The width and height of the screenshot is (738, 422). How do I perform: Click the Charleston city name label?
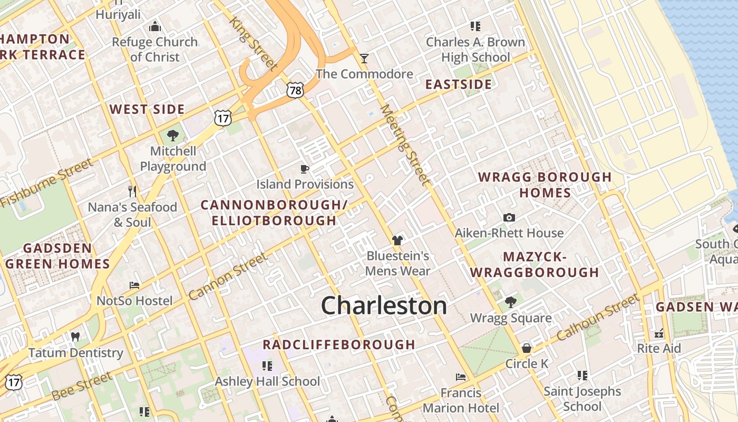[384, 306]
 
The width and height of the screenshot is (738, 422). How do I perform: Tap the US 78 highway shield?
[295, 90]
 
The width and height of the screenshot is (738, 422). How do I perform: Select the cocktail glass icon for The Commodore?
[364, 58]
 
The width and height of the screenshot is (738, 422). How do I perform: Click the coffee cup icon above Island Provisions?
[304, 169]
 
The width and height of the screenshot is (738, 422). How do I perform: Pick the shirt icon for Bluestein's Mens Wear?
[397, 241]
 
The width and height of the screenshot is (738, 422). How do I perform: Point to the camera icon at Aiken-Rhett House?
[509, 217]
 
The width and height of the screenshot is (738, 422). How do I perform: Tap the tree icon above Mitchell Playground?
[172, 136]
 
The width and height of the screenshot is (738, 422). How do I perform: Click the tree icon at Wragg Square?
[510, 302]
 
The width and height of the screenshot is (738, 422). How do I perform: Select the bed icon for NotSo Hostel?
[134, 285]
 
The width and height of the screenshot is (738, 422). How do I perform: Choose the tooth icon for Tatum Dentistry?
[75, 337]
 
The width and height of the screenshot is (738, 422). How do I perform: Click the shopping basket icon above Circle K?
[526, 348]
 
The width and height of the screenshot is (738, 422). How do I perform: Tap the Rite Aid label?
[659, 348]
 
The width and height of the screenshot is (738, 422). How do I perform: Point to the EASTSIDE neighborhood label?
[459, 84]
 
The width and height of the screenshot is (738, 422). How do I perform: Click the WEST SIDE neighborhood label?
[147, 110]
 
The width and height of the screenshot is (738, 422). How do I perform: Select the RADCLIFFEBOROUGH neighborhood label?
[339, 344]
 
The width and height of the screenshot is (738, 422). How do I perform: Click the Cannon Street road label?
[228, 276]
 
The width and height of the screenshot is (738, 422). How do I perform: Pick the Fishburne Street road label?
[46, 183]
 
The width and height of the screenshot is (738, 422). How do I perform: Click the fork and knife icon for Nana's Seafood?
[132, 190]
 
